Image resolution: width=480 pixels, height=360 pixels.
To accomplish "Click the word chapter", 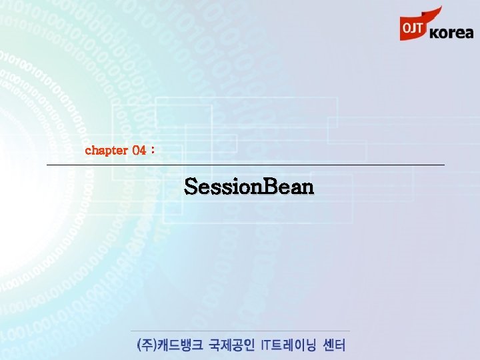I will (x=106, y=150).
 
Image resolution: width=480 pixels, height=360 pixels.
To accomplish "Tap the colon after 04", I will (x=153, y=151).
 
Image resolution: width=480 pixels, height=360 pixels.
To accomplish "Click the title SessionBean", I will (x=249, y=187).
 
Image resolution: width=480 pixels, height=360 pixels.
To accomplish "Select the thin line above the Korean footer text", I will (x=240, y=331).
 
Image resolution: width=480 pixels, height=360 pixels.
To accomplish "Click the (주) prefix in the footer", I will (x=145, y=345).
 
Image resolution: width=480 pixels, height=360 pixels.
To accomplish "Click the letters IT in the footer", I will (x=267, y=345).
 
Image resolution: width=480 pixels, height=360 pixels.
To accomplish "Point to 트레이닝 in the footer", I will (x=297, y=345).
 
